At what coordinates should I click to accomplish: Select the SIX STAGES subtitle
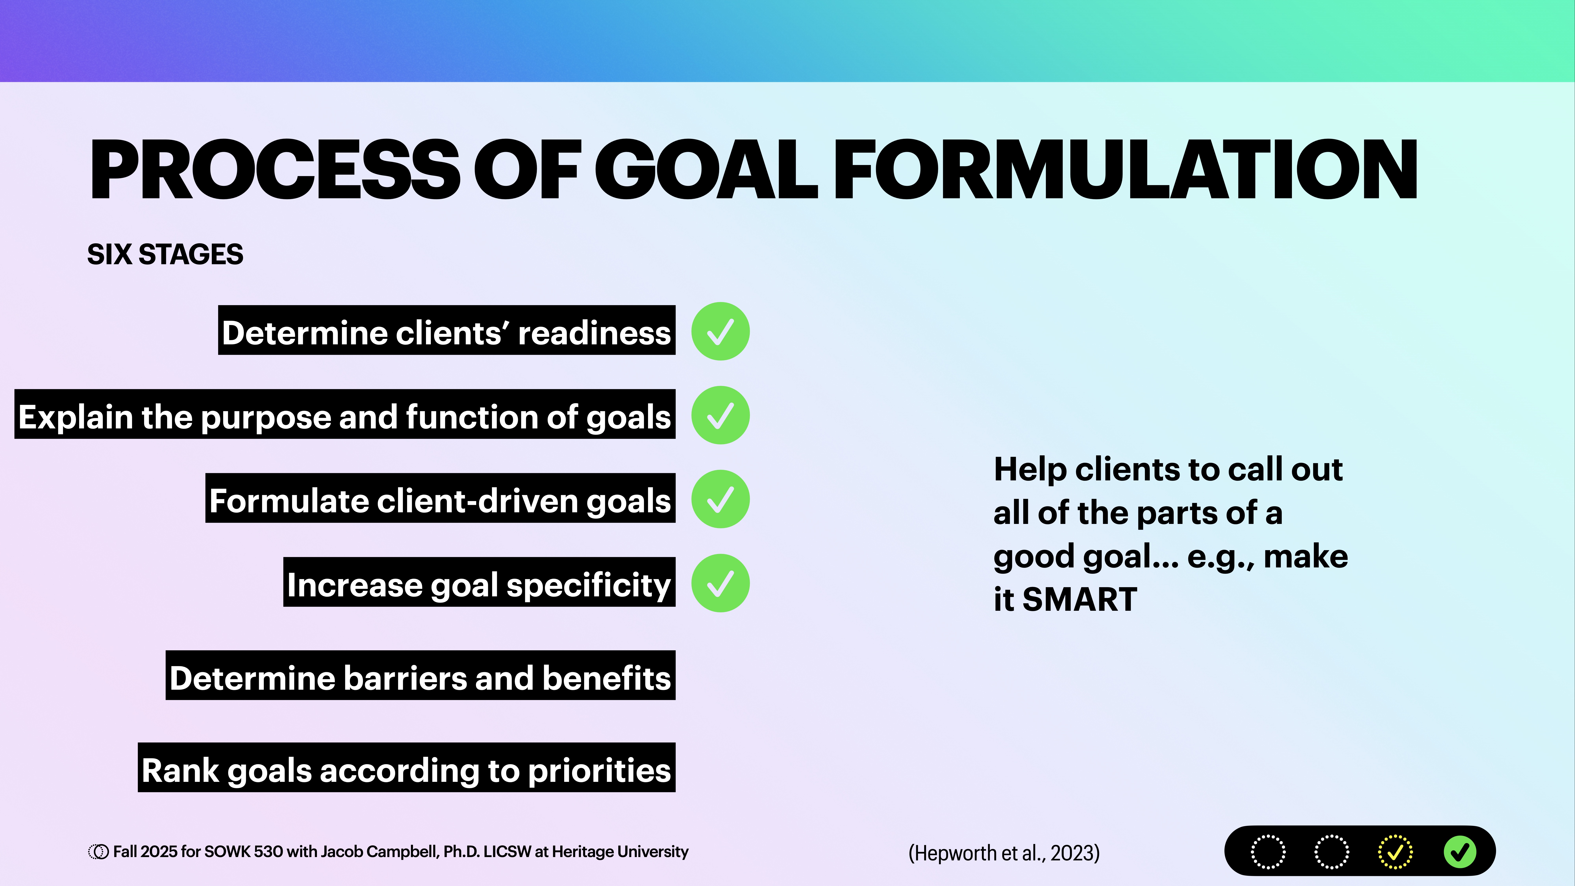[x=165, y=254]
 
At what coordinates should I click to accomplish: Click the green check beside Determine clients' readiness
[x=720, y=331]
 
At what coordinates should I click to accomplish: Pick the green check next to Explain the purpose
[x=720, y=415]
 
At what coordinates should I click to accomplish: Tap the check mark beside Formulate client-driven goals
[x=720, y=499]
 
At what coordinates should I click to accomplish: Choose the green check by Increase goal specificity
[x=720, y=583]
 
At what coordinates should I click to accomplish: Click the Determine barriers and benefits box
[x=421, y=676]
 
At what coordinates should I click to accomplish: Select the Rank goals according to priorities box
[x=406, y=768]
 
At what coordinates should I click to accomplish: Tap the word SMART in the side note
[x=1080, y=599]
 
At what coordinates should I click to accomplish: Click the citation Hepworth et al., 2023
[x=1004, y=852]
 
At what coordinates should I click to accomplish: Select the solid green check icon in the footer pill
[x=1459, y=852]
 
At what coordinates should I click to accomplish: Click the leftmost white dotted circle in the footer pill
[x=1268, y=852]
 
